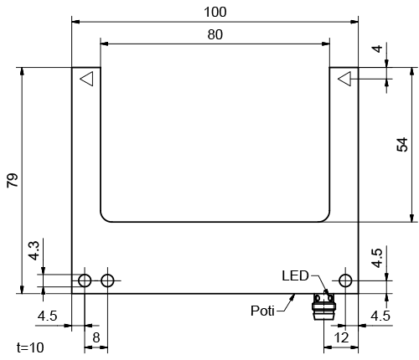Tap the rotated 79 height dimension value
point(12,180)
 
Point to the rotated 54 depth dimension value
point(402,144)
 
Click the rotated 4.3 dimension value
point(33,250)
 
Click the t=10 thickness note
point(31,347)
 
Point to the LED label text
point(295,275)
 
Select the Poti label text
point(263,311)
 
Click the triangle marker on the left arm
point(86,79)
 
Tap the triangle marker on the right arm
point(344,79)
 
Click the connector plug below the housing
point(323,305)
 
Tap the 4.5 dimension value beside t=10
point(49,316)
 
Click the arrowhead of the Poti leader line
point(293,296)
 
